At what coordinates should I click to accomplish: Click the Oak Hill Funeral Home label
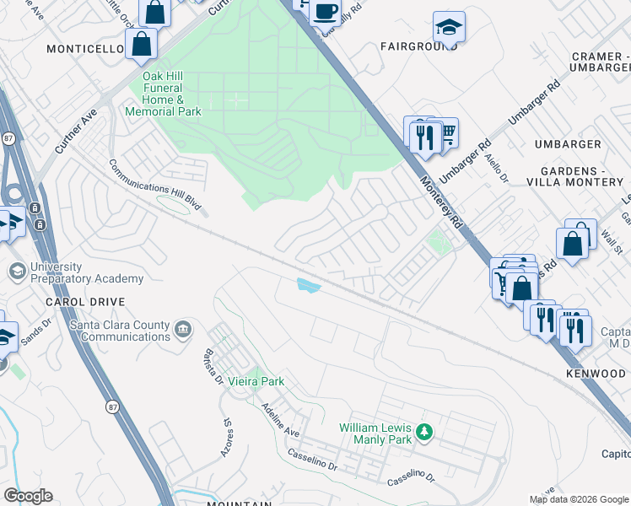coord(164,94)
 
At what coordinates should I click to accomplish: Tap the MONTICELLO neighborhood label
coord(86,50)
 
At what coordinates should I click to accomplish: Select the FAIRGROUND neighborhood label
coord(418,46)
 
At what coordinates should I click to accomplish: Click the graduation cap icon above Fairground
coord(449,29)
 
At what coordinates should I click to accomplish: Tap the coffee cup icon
coord(325,13)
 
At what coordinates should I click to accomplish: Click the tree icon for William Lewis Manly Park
coord(425,433)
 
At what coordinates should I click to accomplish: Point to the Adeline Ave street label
coord(280,419)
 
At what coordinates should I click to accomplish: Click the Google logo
coord(28,496)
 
